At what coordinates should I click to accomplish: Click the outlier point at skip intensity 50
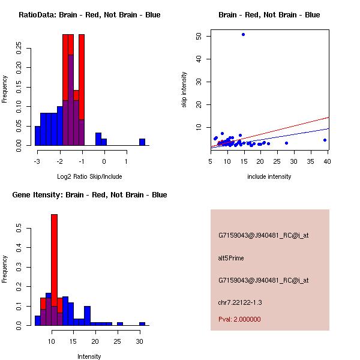click(243, 34)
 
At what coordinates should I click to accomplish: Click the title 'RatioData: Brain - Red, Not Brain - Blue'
click(89, 14)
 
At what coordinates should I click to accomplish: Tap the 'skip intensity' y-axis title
click(185, 89)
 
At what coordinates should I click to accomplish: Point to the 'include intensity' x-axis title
click(269, 176)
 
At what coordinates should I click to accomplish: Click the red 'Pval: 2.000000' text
click(239, 319)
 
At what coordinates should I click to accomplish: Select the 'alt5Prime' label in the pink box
click(231, 258)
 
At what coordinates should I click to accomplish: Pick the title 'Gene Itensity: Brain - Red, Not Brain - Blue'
click(89, 194)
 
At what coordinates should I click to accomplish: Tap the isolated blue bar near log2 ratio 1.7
click(142, 142)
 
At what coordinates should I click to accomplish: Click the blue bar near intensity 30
click(142, 323)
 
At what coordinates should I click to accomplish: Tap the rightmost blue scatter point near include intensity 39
click(325, 140)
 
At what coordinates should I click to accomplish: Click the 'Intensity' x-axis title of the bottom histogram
click(89, 356)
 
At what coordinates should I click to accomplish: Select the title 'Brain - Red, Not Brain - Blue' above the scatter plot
click(269, 14)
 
